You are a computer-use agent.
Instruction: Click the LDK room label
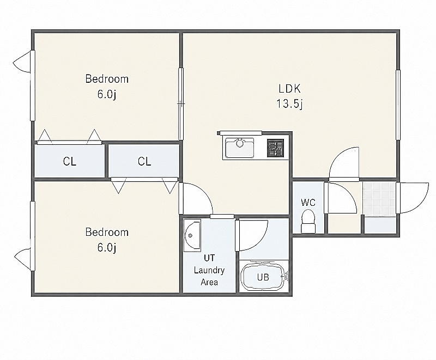(289, 89)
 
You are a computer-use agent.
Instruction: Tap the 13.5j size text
(289, 103)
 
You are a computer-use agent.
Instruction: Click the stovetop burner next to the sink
(276, 148)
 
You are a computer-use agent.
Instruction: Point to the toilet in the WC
(308, 221)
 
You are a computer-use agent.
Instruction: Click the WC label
(308, 203)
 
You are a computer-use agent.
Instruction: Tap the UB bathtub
(263, 276)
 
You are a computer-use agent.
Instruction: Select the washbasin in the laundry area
(192, 236)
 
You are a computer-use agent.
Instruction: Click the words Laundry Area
(209, 276)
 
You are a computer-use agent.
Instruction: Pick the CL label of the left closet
(70, 161)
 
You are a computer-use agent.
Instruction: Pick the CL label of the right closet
(144, 161)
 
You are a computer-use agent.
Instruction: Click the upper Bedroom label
(107, 79)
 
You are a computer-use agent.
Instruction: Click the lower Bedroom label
(107, 232)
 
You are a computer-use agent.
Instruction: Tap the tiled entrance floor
(379, 199)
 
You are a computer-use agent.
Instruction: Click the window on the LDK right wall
(398, 105)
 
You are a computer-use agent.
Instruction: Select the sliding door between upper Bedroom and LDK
(181, 104)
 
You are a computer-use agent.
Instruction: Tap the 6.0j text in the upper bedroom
(107, 94)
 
